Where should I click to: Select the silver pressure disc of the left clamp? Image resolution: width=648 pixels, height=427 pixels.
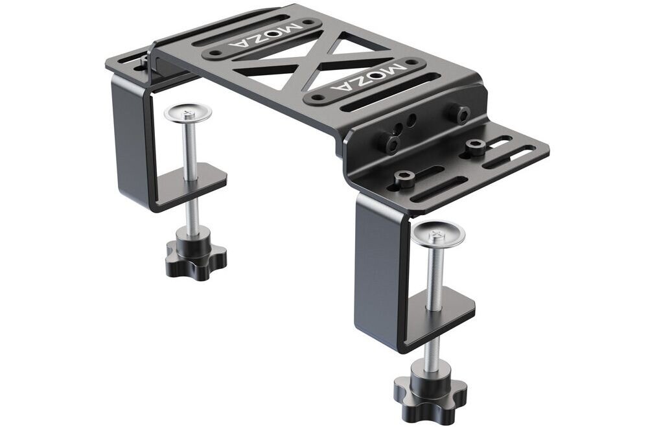point(187,113)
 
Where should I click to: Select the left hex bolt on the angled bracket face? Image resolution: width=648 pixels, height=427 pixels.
point(389,143)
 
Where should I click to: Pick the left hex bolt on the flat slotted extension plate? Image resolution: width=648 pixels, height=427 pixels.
point(402,179)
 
